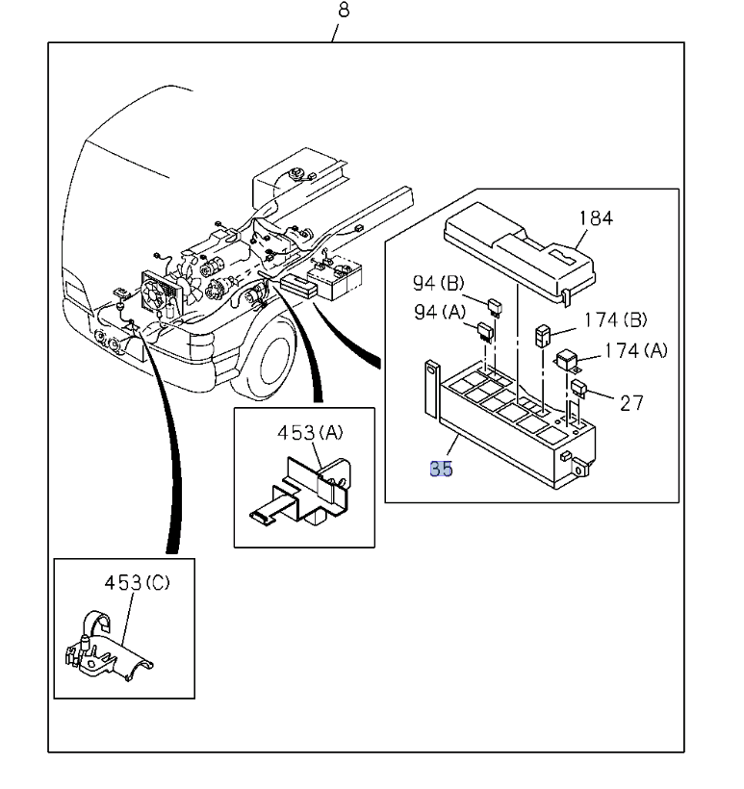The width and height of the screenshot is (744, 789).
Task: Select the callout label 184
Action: tap(596, 217)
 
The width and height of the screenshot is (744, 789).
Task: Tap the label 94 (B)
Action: tap(439, 283)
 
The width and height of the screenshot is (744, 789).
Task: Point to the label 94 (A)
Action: tap(439, 313)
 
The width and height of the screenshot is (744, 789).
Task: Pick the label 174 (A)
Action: tap(635, 350)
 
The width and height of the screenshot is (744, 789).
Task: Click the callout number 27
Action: tap(631, 402)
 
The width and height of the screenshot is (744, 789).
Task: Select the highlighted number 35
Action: tap(441, 469)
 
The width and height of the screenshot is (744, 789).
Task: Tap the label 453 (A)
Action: tap(310, 433)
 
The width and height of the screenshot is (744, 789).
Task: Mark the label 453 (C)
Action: tap(137, 583)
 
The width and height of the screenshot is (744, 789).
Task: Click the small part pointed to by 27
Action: tap(579, 389)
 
